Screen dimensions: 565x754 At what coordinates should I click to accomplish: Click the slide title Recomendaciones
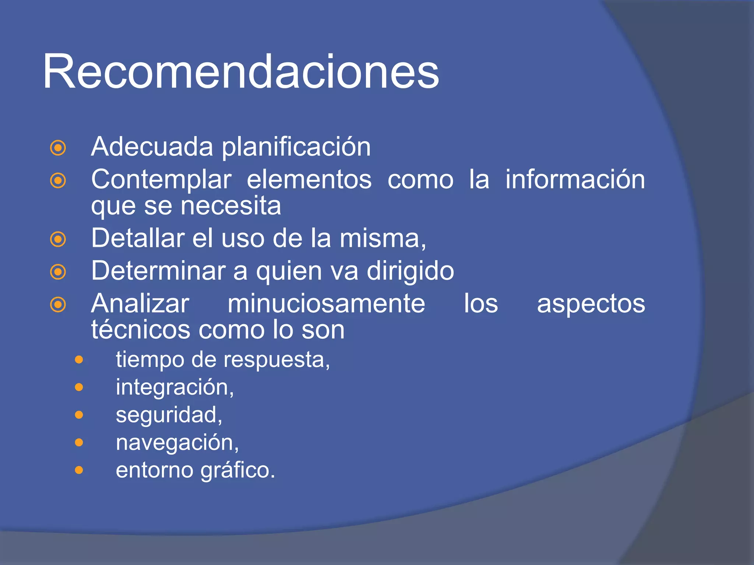pos(241,72)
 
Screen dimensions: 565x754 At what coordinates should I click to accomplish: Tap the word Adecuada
pos(152,147)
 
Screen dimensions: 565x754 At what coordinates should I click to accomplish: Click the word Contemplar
pos(161,180)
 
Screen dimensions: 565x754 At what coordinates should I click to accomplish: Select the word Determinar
pos(158,271)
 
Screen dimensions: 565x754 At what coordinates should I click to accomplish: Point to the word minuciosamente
pos(326,304)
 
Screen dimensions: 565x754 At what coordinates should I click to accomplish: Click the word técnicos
pos(141,330)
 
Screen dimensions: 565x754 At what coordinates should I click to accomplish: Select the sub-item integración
pos(175,387)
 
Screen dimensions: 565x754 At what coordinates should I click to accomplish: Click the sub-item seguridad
pos(169,415)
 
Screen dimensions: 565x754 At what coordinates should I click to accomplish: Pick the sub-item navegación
pos(177,443)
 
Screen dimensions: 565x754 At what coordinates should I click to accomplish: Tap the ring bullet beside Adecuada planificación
pos(58,148)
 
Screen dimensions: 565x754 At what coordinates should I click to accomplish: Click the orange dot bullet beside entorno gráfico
pos(79,470)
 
